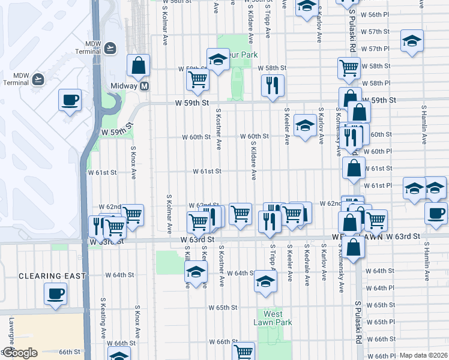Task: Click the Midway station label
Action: pyautogui.click(x=125, y=86)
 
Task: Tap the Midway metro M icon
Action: pyautogui.click(x=145, y=86)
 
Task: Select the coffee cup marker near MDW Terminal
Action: pyautogui.click(x=70, y=100)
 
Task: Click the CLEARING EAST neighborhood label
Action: pyautogui.click(x=52, y=275)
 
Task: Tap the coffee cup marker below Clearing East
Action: pyautogui.click(x=56, y=293)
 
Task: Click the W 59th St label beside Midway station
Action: pyautogui.click(x=193, y=103)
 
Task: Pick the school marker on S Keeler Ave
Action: pyautogui.click(x=306, y=125)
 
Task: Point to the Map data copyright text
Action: pyautogui.click(x=424, y=355)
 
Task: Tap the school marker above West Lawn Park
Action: pyautogui.click(x=265, y=281)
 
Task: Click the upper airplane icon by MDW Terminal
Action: pyautogui.click(x=110, y=47)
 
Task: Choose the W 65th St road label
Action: pyautogui.click(x=223, y=307)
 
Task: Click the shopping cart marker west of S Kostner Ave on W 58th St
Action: pyautogui.click(x=197, y=79)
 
